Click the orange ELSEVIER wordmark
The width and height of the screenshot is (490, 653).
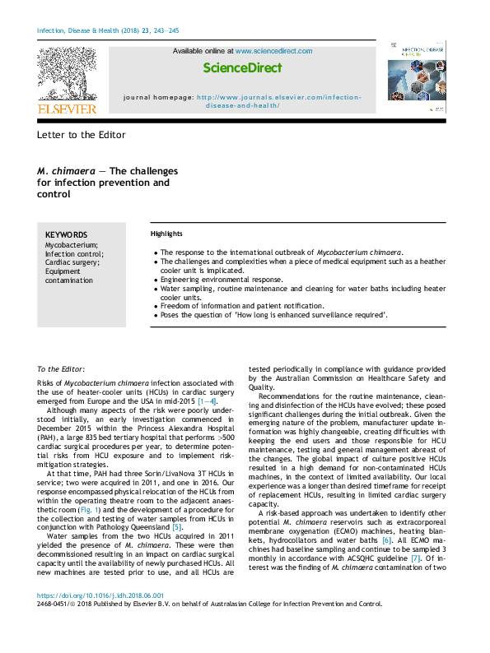[67, 109]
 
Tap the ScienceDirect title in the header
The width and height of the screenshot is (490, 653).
[242, 67]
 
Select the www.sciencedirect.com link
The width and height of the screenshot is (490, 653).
[273, 51]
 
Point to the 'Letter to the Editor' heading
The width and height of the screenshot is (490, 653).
[82, 134]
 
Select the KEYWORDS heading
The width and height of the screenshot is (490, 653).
[66, 234]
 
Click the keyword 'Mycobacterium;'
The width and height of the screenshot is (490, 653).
[71, 244]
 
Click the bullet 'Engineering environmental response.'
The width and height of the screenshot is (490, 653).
[222, 280]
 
